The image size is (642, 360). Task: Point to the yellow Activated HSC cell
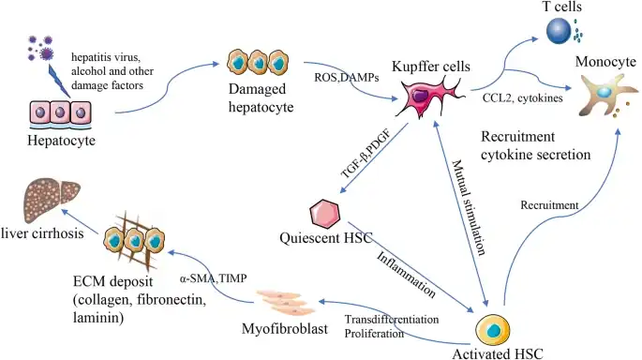[493, 331]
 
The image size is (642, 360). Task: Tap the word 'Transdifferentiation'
[394, 319]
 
